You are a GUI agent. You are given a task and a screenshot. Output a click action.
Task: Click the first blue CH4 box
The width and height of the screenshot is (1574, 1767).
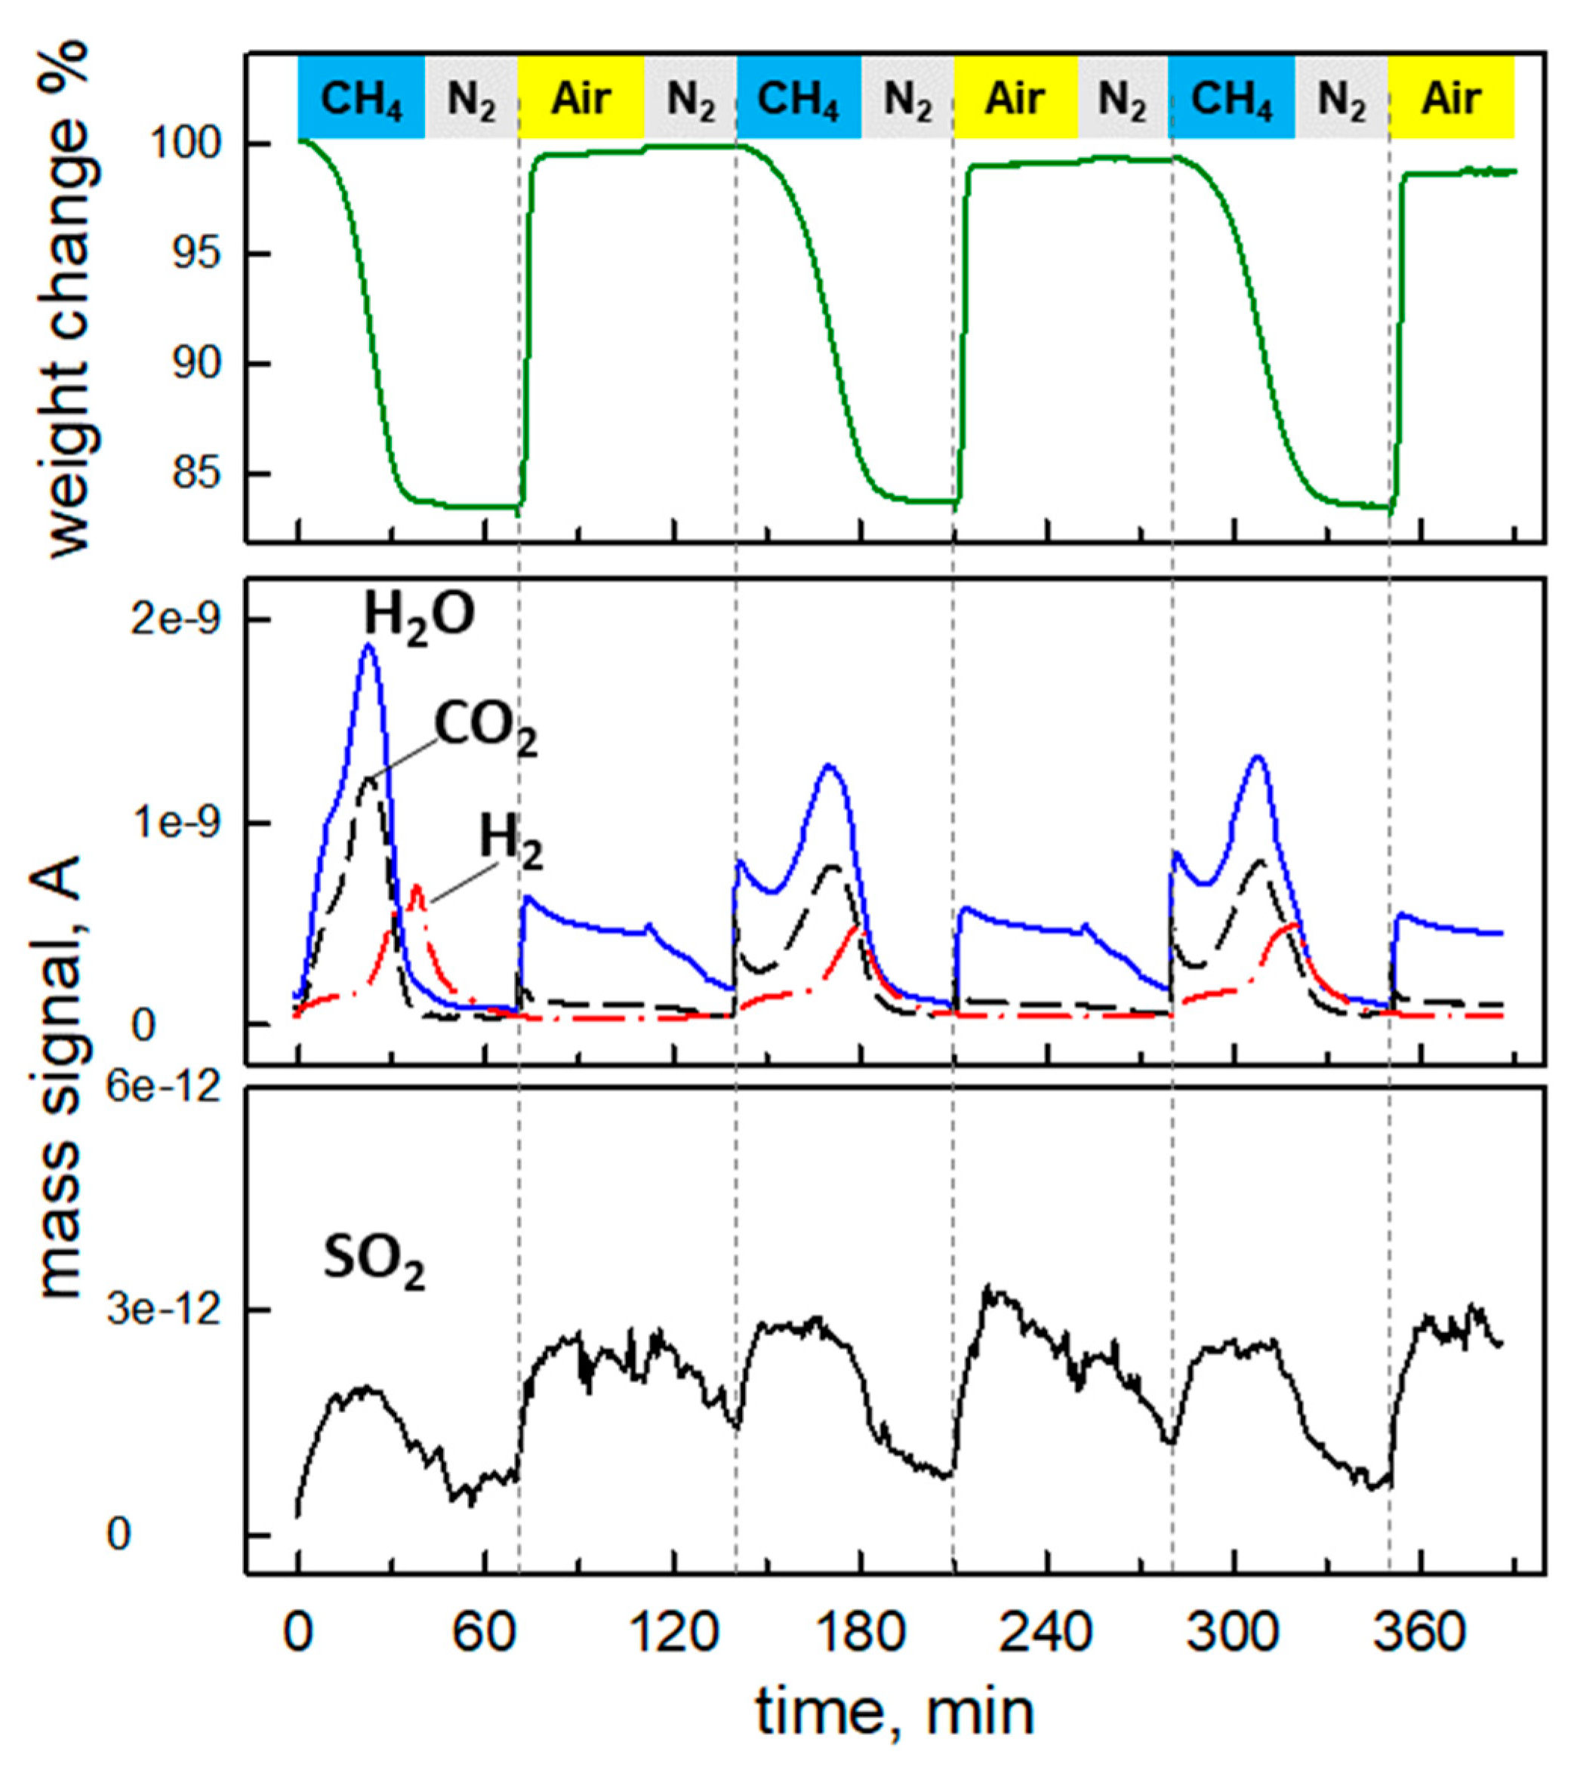pos(361,97)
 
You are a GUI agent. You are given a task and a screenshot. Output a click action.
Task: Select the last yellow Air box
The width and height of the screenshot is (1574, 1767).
pos(1451,97)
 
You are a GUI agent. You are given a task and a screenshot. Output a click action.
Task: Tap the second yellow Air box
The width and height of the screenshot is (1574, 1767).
pos(1015,97)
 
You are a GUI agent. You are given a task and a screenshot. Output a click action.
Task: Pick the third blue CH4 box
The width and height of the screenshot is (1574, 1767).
pos(1231,97)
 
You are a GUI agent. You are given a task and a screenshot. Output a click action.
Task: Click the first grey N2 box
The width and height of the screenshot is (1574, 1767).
pos(471,97)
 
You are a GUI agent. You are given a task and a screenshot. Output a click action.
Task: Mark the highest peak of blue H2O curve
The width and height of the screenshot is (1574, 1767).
pos(368,645)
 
